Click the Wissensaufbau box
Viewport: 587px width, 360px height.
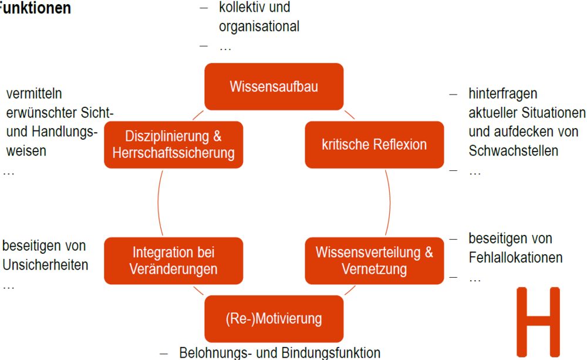tap(274, 87)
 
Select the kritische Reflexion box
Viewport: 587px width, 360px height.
tap(374, 144)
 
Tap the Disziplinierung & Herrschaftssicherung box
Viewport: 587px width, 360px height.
tap(173, 144)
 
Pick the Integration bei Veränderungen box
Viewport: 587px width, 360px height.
tap(173, 261)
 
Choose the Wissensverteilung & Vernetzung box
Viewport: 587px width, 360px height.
tap(374, 261)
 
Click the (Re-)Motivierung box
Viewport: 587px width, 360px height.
tap(274, 319)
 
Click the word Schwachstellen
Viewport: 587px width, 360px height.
tap(514, 151)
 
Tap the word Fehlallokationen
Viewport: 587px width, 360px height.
tap(515, 257)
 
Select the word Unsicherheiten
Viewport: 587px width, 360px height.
tap(45, 264)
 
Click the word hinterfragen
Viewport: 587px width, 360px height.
tap(503, 94)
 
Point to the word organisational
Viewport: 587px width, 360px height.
tap(259, 26)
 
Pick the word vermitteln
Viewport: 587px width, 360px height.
tap(34, 94)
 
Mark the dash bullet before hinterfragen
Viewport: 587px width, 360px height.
tap(453, 94)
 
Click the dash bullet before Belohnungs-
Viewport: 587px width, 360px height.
tap(166, 353)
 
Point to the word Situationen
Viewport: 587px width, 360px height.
tap(553, 112)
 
